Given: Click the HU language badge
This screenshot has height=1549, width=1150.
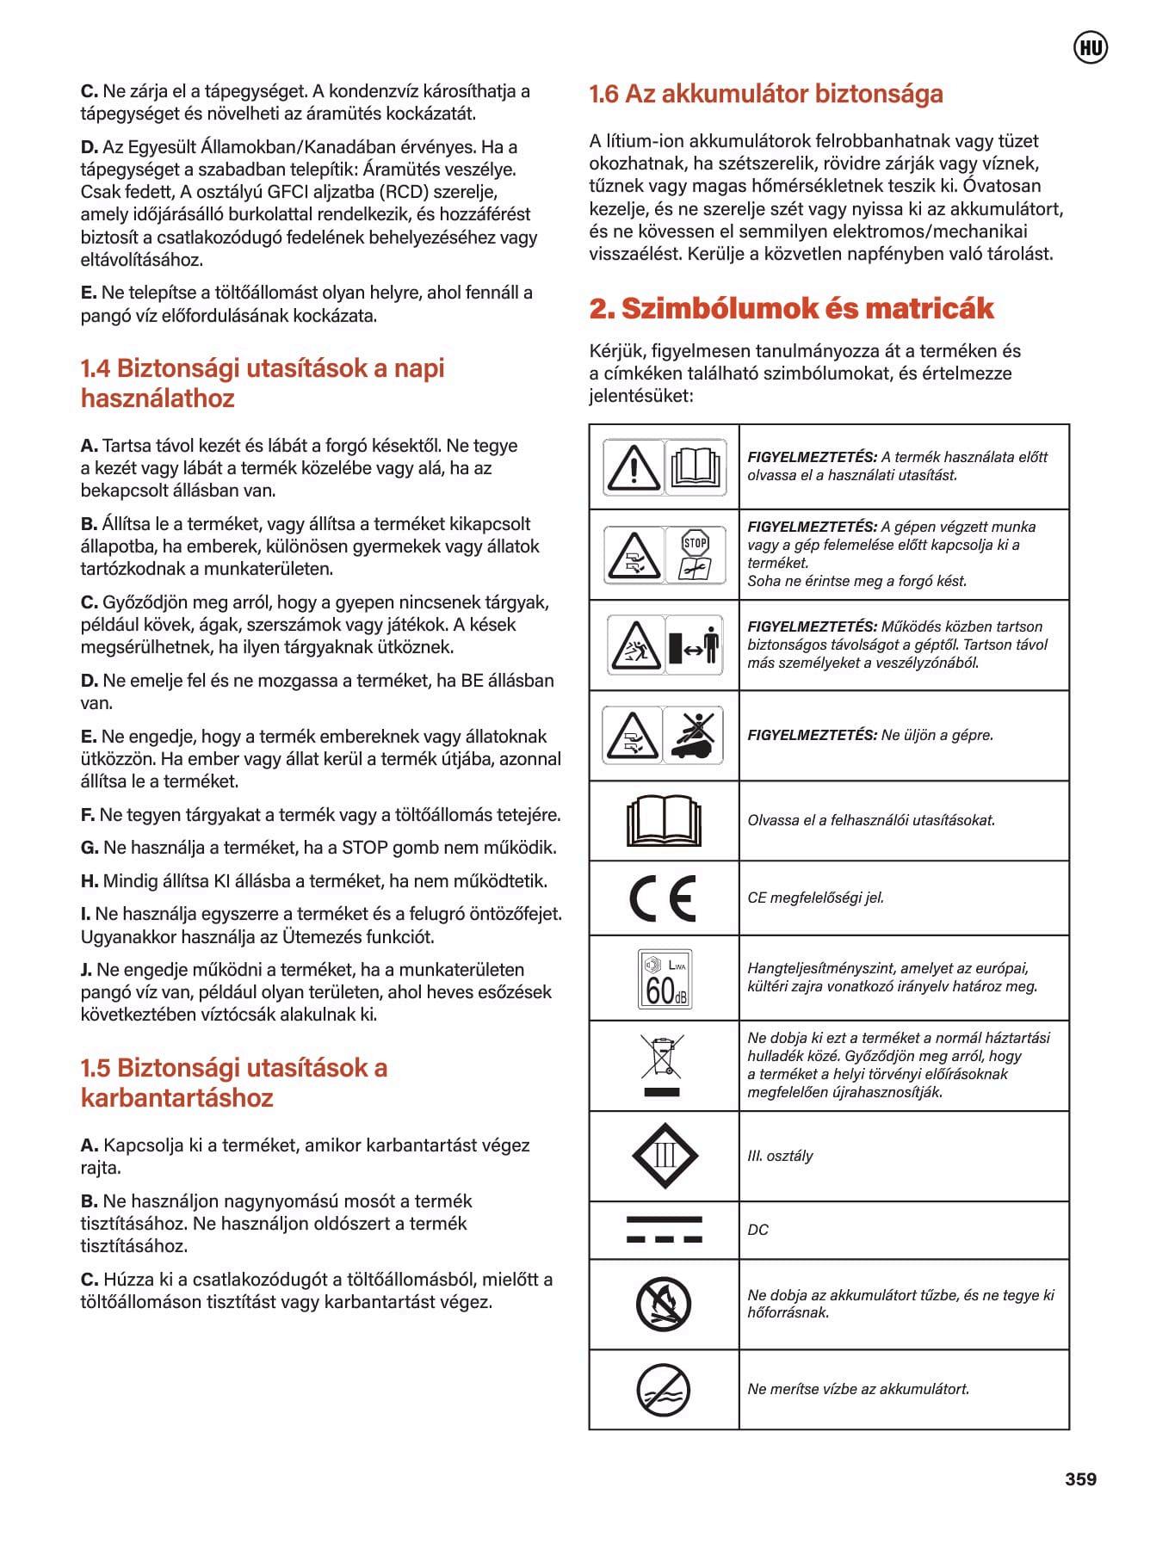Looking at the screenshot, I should pos(1091,48).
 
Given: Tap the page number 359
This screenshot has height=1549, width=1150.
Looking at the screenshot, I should pos(1080,1478).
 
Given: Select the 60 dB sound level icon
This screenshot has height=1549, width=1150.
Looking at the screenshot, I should pos(664,978).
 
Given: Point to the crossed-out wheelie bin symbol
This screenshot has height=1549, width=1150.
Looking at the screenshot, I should pos(662,1058).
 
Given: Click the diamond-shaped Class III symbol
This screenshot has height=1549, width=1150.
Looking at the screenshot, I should pos(664,1156).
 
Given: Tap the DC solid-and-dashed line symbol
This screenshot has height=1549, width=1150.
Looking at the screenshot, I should pos(664,1230).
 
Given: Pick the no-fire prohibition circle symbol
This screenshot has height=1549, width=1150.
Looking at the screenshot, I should pos(663,1304).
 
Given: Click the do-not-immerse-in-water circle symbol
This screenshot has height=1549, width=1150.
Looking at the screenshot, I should pos(663,1390).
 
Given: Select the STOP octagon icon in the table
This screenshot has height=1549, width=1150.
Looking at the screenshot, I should pos(695,543).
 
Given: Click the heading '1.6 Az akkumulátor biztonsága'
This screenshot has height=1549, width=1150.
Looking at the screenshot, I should pos(765,94).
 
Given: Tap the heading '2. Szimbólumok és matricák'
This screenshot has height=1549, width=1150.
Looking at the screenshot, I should pos(790,308).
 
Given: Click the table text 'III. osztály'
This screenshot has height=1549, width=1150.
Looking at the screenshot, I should pos(780,1156).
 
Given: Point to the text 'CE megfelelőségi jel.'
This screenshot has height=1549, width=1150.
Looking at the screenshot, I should pos(815,898).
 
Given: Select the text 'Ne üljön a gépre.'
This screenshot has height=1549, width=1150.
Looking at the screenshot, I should pos(937,735).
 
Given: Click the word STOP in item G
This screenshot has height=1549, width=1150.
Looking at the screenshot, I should pos(365,848).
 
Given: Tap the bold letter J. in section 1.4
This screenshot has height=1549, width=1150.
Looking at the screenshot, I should pos(86,970).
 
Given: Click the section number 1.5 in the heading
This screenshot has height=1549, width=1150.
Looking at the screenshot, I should pos(96,1068).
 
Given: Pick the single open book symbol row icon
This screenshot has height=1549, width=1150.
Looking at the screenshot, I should pos(664,821).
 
